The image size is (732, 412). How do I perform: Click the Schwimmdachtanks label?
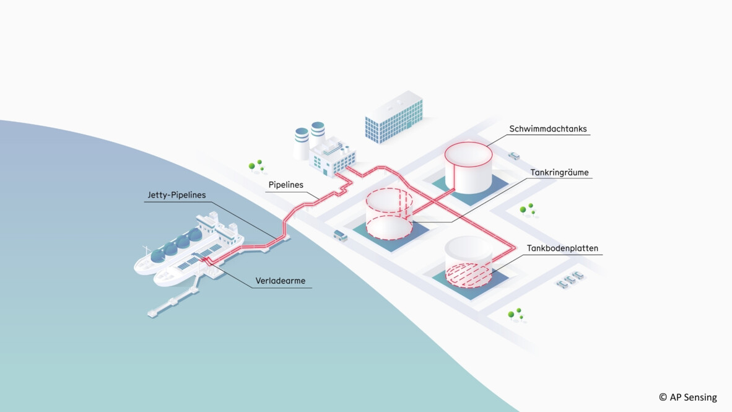click(548, 129)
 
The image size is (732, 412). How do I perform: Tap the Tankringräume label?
click(559, 172)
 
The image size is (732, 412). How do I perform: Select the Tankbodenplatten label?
click(562, 248)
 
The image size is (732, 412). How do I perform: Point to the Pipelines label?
click(286, 185)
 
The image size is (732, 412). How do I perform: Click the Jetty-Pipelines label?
click(176, 195)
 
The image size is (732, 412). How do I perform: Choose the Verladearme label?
click(280, 281)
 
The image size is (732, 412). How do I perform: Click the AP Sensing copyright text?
click(687, 397)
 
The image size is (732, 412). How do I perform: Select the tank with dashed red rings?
click(389, 214)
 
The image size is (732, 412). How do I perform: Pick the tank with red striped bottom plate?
click(468, 261)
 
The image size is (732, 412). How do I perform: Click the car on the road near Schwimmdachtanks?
click(514, 155)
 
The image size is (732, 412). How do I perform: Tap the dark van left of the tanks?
click(340, 235)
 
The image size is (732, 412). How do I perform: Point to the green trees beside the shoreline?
click(256, 165)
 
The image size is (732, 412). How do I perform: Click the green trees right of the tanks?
click(527, 209)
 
